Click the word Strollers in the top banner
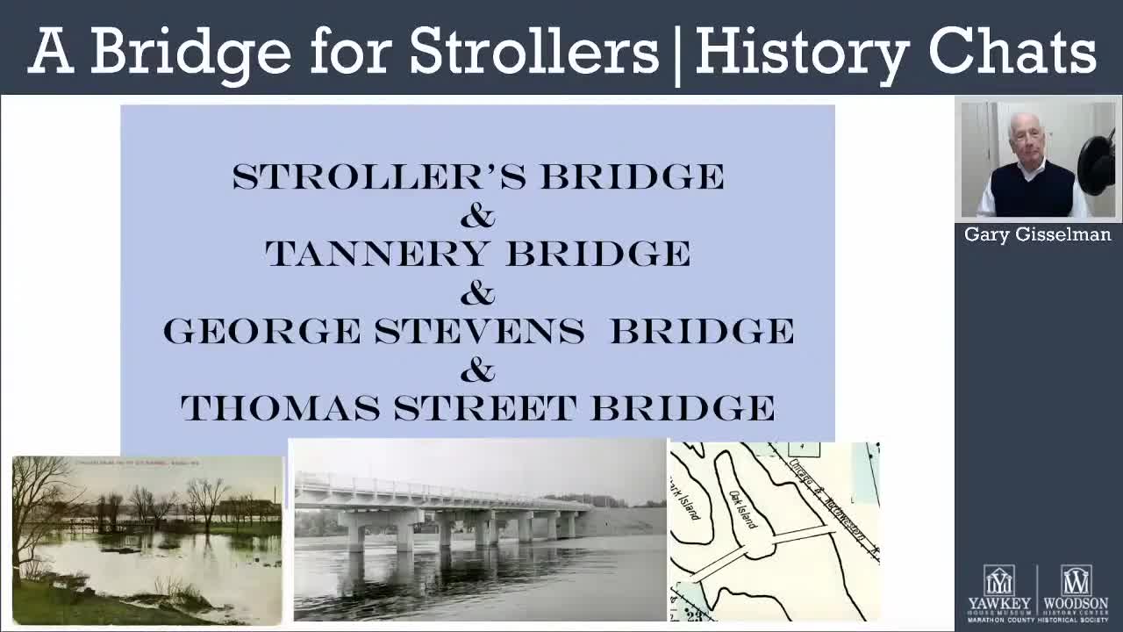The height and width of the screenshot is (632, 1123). point(533,51)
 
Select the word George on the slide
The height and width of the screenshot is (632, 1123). point(261,332)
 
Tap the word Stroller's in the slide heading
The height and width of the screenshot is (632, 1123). point(379,177)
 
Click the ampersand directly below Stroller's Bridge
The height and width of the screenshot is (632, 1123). point(477,216)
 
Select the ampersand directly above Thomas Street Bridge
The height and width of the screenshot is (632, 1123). point(477,370)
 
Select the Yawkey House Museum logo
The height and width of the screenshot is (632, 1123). point(999,593)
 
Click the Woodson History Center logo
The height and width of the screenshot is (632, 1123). point(1076,593)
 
